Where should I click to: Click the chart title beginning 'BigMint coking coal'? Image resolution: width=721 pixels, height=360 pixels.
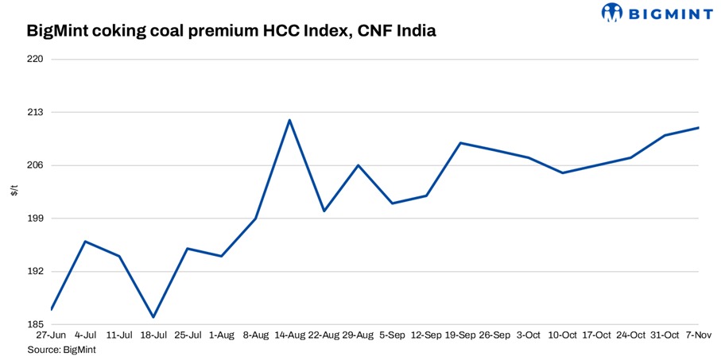tap(231, 32)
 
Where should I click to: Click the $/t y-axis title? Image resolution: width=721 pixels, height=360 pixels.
tap(14, 192)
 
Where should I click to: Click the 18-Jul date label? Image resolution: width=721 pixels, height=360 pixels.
tap(152, 336)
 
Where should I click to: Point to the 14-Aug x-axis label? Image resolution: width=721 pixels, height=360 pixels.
tap(289, 336)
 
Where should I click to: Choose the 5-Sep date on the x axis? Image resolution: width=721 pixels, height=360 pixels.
tap(392, 336)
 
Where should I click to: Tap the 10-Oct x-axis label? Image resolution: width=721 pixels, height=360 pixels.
tap(562, 336)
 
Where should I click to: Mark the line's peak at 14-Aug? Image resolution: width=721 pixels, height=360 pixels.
tap(289, 120)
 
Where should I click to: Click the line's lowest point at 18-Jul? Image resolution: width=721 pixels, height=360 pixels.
tap(153, 317)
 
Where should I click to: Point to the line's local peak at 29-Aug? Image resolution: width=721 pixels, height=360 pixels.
tap(358, 165)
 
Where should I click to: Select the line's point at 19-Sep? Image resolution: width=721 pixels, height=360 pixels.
tap(460, 143)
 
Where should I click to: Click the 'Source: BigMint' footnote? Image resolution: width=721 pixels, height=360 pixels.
tap(61, 349)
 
